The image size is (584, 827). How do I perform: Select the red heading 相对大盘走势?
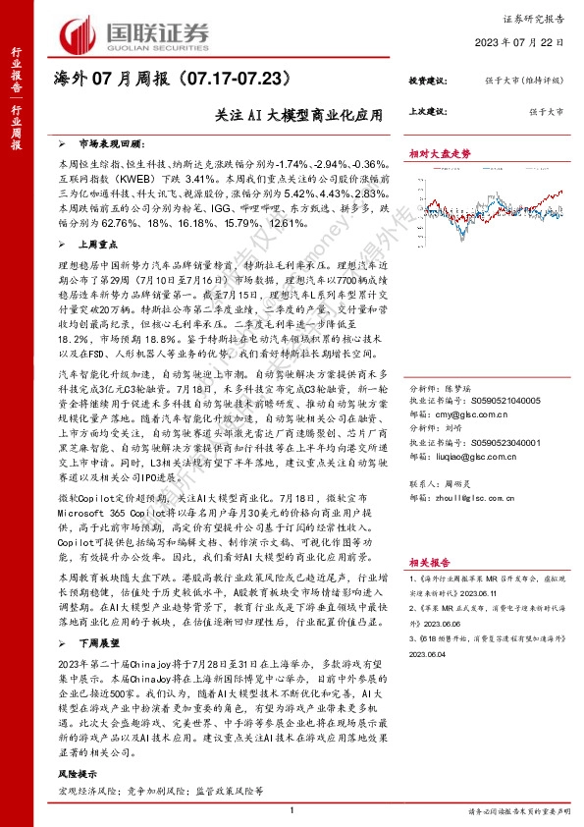440,154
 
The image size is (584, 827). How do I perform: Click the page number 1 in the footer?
292,810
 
